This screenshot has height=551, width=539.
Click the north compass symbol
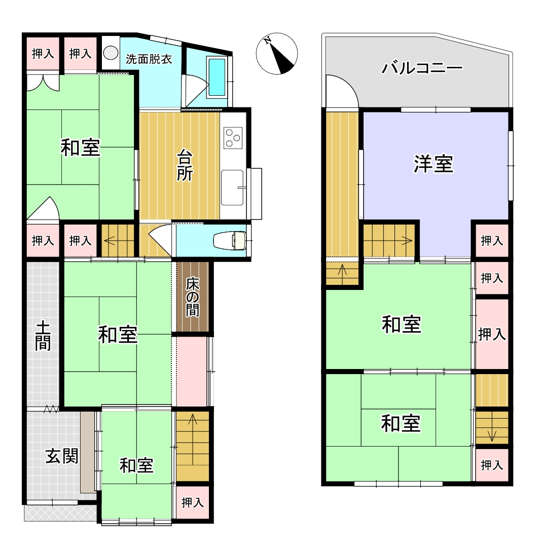point(277,54)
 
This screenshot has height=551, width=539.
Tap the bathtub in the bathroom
point(217,78)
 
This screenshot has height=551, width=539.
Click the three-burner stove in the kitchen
point(233,138)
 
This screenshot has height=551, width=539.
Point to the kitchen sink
point(232,187)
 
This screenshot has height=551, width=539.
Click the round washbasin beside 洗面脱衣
point(111,53)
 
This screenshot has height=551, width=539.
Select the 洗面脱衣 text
point(149,59)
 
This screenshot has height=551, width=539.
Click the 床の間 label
point(193,297)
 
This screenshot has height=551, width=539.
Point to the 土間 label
point(43,336)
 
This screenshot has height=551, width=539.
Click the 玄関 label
point(62,457)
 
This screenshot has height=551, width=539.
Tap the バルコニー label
point(422,67)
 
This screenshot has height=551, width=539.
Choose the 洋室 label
point(433,164)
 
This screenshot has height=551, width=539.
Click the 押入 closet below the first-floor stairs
point(193,502)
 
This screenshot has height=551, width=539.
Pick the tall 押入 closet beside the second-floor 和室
point(492,334)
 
